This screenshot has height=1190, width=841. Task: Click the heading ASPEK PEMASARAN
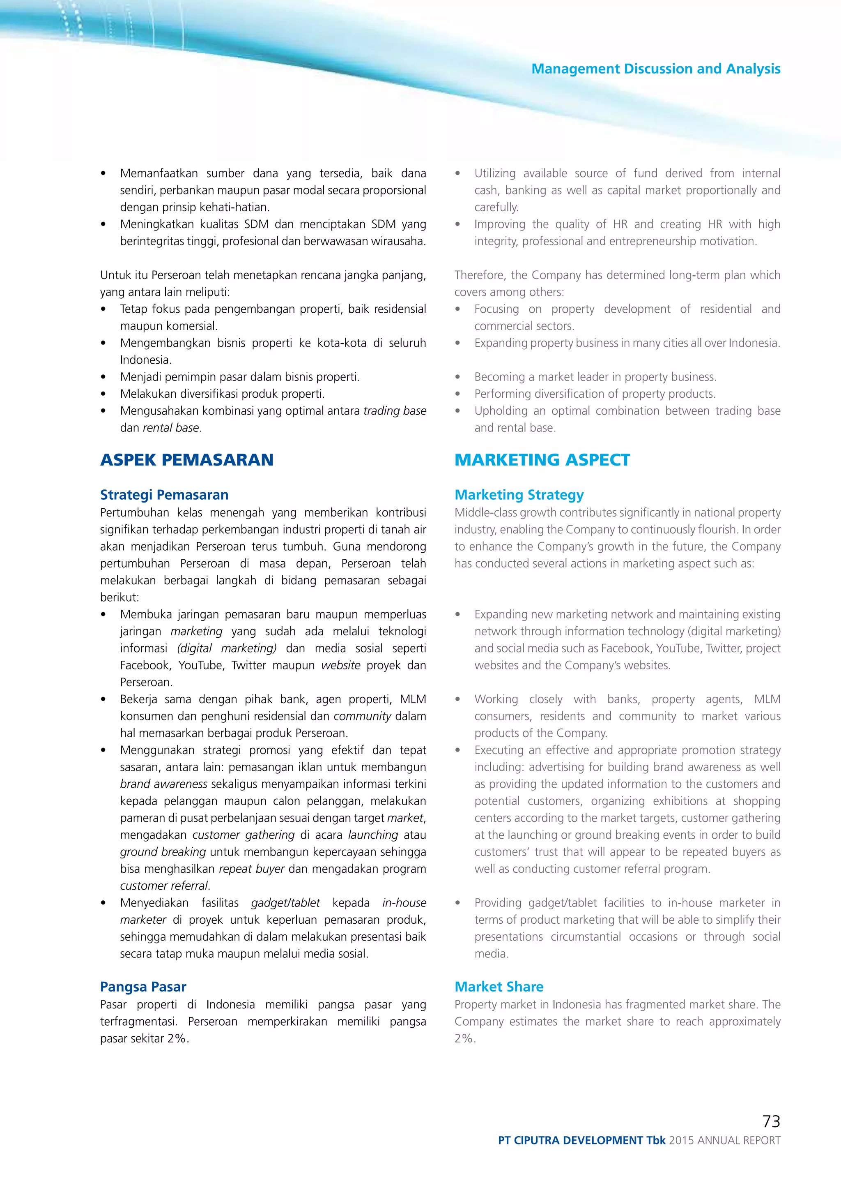click(x=186, y=460)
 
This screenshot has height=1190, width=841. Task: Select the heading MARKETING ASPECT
click(x=542, y=460)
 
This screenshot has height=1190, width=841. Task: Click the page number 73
click(x=771, y=1121)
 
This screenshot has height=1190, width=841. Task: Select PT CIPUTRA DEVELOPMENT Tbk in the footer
click(x=581, y=1140)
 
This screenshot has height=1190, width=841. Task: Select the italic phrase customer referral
click(x=164, y=886)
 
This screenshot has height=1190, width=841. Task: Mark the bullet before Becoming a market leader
click(x=458, y=377)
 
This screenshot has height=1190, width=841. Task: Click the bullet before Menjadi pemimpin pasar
click(x=103, y=377)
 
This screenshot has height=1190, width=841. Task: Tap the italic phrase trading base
click(x=395, y=411)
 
